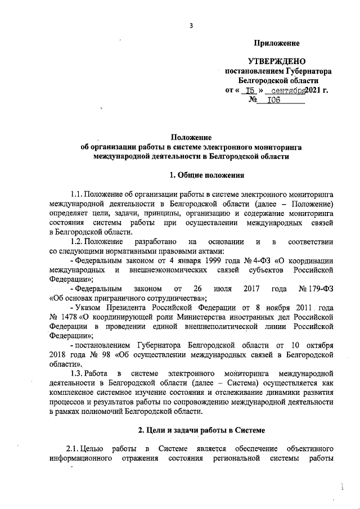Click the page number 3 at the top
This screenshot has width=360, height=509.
pos(191,25)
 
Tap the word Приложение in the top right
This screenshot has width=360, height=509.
pos(277,43)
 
